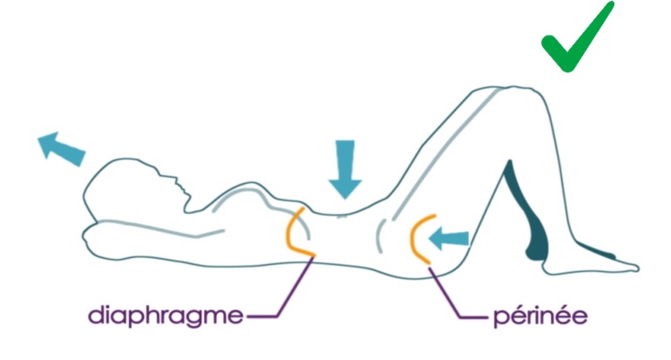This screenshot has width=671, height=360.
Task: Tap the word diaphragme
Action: click(x=166, y=316)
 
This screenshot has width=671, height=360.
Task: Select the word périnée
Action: click(x=540, y=316)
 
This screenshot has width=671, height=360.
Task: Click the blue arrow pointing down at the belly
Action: click(x=345, y=169)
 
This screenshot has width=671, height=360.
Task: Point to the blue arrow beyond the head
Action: click(x=62, y=148)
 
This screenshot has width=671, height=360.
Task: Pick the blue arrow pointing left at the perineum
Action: click(x=449, y=239)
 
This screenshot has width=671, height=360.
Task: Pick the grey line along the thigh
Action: click(x=445, y=155)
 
